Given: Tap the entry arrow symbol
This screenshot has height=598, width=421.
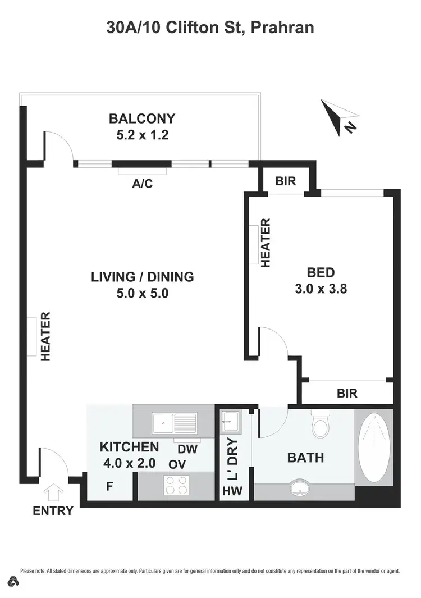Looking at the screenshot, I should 54,492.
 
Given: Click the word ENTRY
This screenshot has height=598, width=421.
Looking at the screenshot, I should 53,510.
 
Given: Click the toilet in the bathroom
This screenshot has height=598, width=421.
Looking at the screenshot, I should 321,425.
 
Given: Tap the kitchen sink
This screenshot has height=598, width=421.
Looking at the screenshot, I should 175,423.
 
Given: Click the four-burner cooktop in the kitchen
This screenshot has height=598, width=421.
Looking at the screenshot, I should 176,484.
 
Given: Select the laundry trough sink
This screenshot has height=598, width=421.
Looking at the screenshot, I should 230,421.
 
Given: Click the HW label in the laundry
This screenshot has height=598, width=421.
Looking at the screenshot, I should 232,491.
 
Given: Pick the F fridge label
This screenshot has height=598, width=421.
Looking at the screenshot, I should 110,486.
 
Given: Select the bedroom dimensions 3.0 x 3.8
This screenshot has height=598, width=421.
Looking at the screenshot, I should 321,290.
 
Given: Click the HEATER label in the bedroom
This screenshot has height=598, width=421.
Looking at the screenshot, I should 266,243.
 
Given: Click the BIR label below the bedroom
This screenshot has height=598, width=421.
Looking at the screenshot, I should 347,394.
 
